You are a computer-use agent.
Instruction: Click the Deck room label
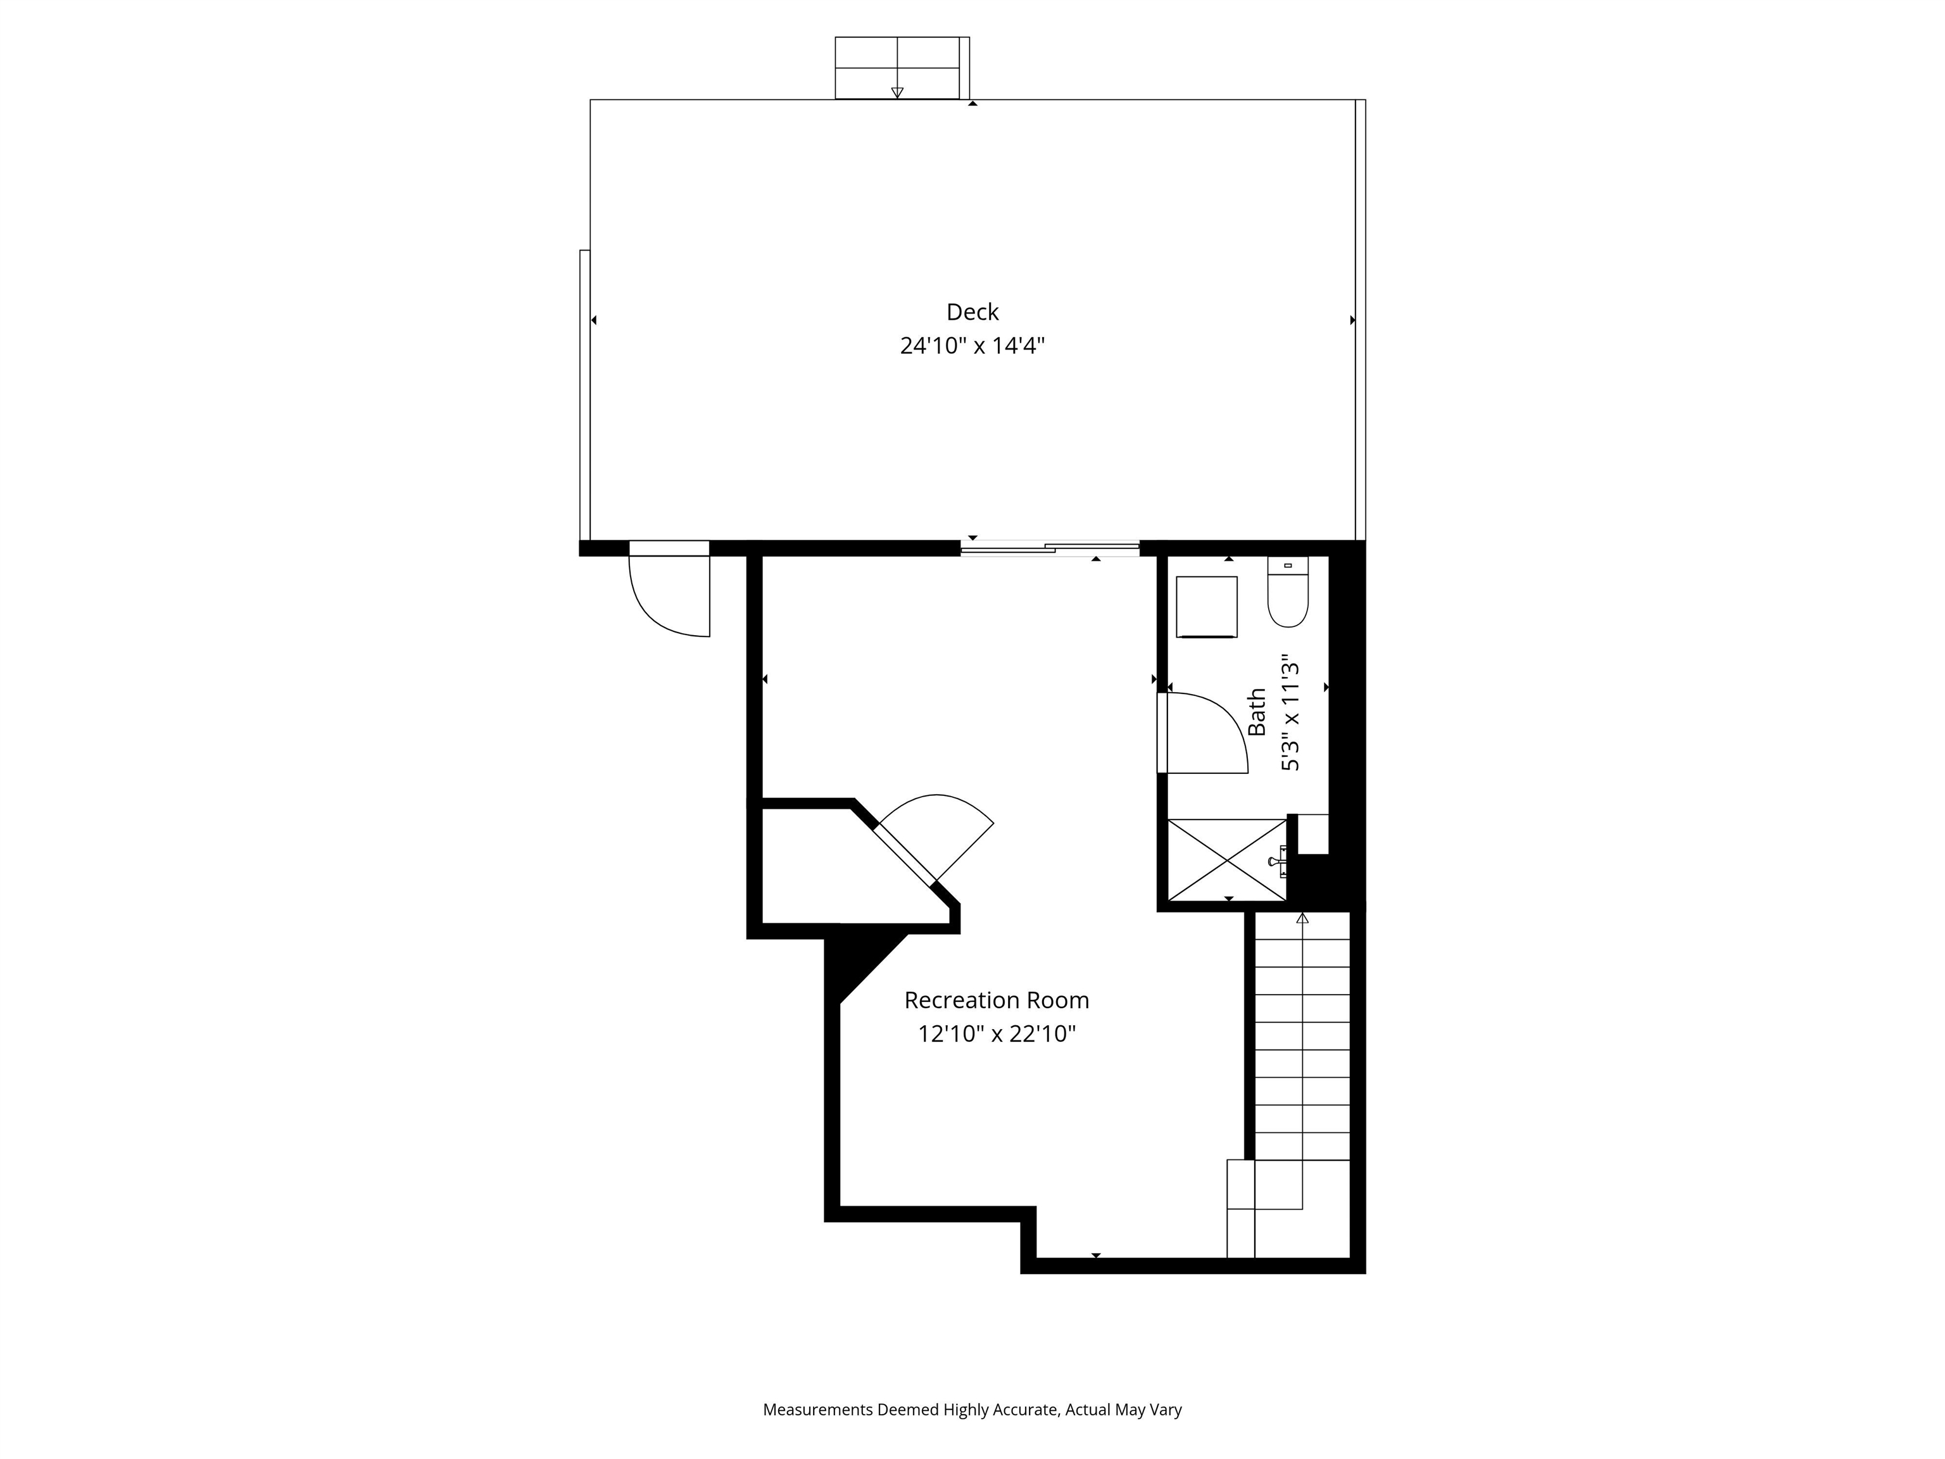(972, 312)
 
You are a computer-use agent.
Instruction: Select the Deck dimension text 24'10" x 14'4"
(972, 346)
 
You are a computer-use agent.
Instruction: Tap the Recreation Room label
(996, 1000)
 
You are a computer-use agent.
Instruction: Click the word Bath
(1257, 712)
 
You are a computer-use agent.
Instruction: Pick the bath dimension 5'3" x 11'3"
(1290, 712)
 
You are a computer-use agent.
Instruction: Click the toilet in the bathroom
(1288, 592)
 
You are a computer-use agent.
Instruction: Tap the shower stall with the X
(1226, 860)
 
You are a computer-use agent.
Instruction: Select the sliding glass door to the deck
(1050, 548)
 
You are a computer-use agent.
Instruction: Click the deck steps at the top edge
(902, 68)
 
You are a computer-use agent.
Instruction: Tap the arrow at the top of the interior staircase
(1302, 918)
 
